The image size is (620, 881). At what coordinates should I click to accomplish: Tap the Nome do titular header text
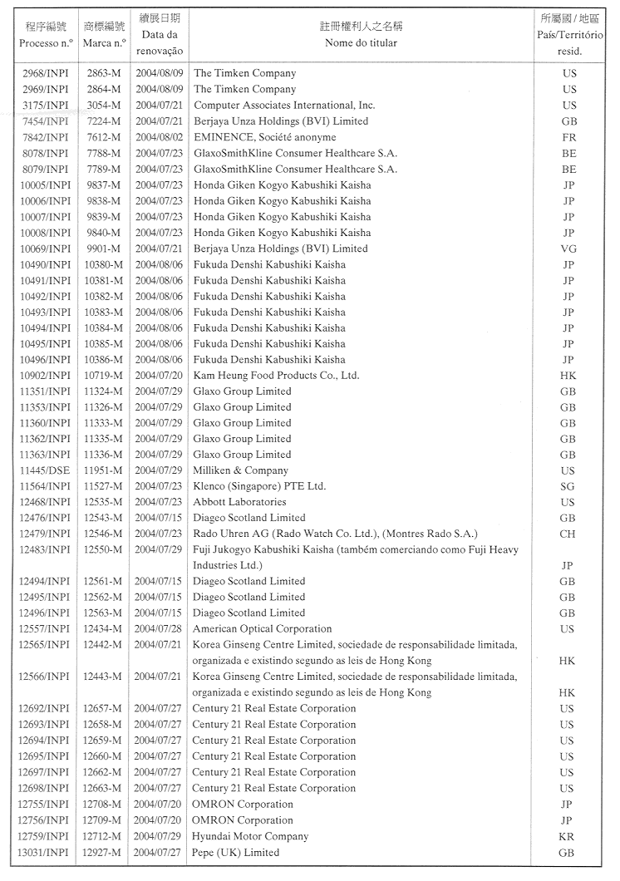click(360, 42)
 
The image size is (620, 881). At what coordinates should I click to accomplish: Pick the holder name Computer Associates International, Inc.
click(284, 106)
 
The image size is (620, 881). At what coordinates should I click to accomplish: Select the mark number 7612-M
click(104, 137)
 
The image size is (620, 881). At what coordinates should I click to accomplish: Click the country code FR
click(568, 137)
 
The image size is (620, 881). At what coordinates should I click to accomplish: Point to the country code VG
click(568, 249)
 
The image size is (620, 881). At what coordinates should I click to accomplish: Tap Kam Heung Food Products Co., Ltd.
click(276, 376)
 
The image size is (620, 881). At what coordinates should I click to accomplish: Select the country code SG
click(568, 486)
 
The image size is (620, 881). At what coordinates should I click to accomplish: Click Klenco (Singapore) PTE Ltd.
click(259, 486)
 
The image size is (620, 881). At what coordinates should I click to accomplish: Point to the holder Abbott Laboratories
click(239, 502)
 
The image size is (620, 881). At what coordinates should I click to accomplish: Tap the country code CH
click(568, 534)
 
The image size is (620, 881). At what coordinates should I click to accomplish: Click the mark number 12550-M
click(104, 549)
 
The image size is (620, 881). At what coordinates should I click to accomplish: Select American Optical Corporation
click(262, 629)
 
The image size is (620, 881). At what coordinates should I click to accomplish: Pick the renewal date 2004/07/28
click(158, 629)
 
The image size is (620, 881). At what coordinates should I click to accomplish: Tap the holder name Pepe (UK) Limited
click(236, 852)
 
